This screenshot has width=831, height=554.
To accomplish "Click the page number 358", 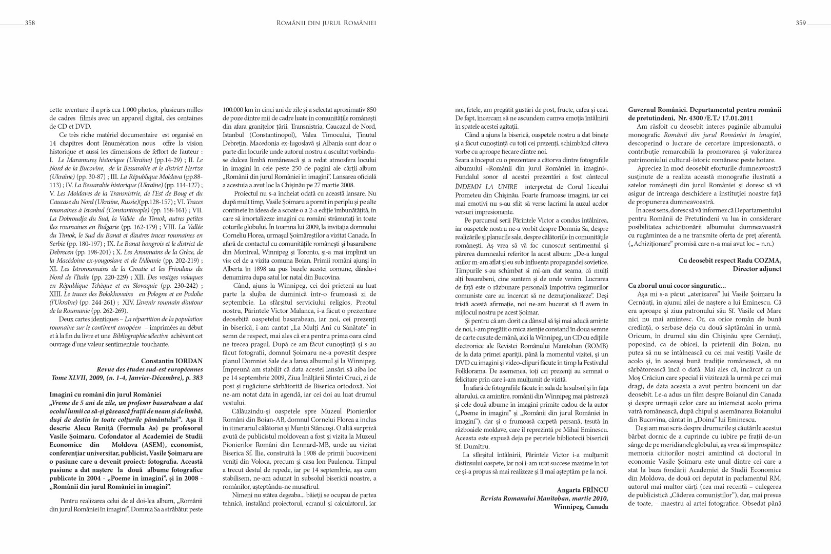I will click(x=30, y=23).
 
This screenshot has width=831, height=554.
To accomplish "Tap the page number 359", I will click(x=801, y=23).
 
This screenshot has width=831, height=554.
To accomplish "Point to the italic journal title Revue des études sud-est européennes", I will click(x=149, y=369).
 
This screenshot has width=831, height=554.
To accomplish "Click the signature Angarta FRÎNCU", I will click(x=582, y=490).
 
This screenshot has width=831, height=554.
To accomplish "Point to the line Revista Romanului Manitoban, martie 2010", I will click(x=544, y=498).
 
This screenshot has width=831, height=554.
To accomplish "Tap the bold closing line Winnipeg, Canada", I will click(x=581, y=507).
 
